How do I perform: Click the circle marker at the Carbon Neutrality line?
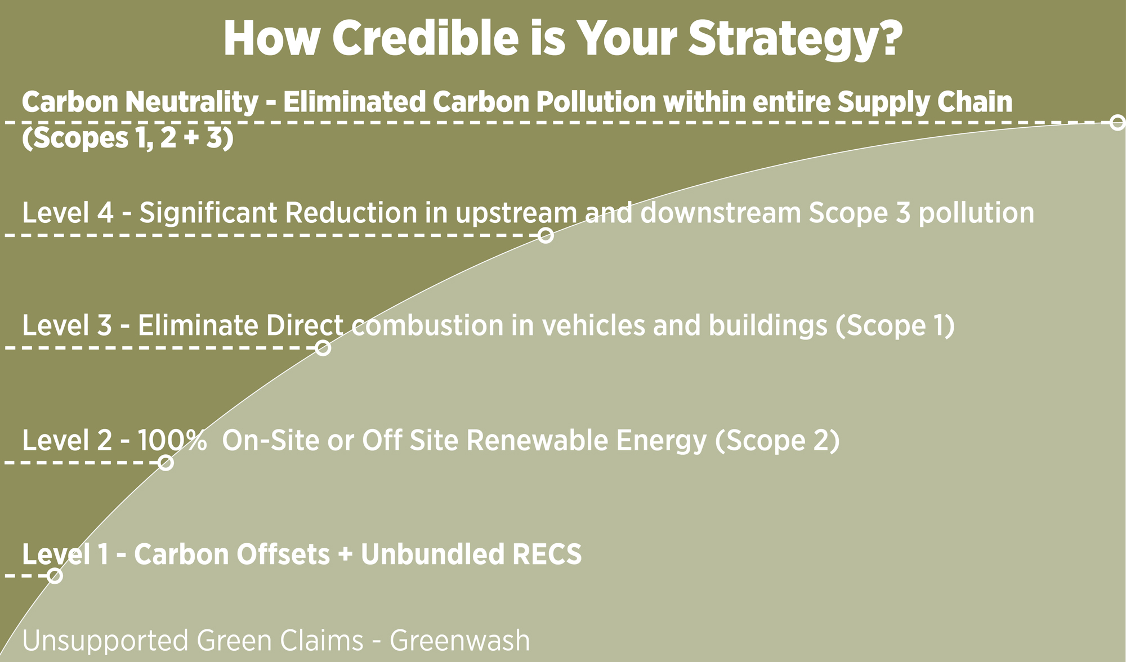point(1118,122)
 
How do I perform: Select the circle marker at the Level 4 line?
point(545,235)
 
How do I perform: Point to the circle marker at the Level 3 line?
point(323,348)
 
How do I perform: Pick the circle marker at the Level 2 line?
point(166,463)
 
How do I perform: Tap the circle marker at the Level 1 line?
point(55,575)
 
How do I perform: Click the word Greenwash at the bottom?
point(459,641)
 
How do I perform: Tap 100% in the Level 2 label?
point(172,440)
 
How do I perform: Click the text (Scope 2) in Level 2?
point(778,440)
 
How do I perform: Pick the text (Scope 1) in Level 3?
point(895,326)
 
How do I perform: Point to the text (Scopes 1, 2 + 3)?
point(128,138)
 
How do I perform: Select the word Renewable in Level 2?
point(538,440)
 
